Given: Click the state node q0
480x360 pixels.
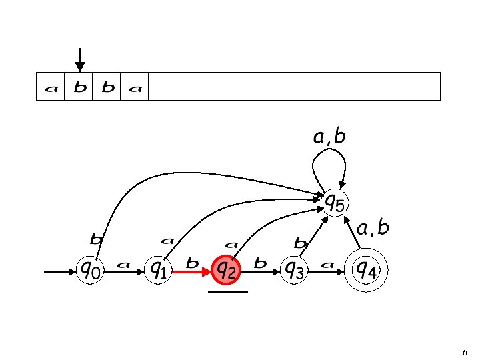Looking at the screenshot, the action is click(91, 271).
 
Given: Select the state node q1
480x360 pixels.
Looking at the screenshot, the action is click(159, 271).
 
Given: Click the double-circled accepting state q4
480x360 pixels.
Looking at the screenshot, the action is click(365, 271).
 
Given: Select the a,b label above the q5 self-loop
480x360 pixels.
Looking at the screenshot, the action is click(330, 137).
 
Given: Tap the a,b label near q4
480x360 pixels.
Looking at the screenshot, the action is click(373, 229).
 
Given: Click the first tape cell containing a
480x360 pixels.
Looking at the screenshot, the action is click(51, 87).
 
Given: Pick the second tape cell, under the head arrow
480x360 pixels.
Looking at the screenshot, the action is click(79, 87).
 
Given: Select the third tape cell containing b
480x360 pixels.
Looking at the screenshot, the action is click(107, 87).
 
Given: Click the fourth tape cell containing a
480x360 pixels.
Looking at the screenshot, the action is click(135, 87).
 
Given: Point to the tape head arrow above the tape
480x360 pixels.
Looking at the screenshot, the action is click(80, 60).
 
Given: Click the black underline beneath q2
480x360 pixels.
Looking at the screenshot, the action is click(228, 292).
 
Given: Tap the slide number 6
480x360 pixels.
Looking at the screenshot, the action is click(464, 351).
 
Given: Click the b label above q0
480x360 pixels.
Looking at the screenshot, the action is click(96, 237).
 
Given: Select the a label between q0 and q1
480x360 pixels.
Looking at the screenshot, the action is click(123, 264).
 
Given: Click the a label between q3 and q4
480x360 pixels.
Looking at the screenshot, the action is click(327, 264).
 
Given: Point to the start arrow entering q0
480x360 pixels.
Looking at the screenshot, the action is click(59, 272).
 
